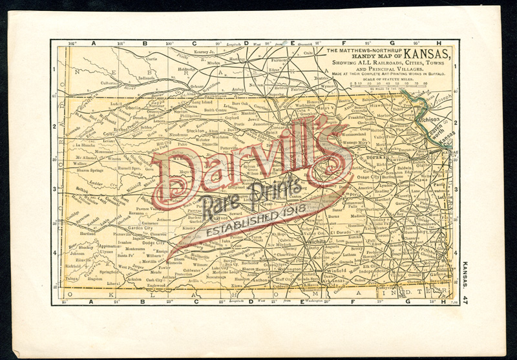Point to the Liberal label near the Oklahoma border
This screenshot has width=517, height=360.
tap(114, 283)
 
